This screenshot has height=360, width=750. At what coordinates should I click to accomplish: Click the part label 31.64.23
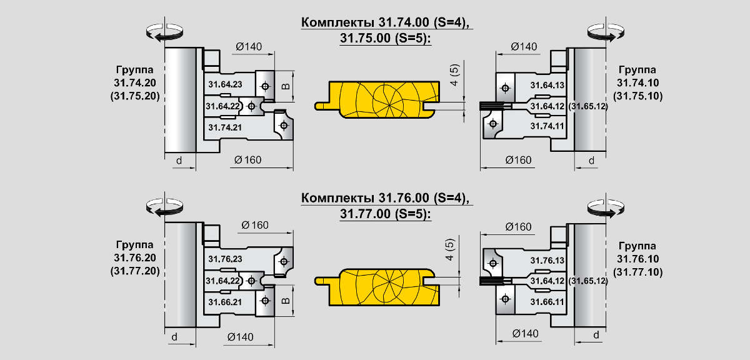(x=225, y=84)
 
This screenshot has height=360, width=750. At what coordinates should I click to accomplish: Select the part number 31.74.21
(x=225, y=127)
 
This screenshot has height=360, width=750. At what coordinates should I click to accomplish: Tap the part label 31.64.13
(x=547, y=84)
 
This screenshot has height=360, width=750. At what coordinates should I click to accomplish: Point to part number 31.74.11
(x=547, y=126)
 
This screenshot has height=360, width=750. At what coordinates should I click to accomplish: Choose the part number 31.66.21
(x=225, y=302)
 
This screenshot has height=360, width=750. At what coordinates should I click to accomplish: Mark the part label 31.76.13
(x=547, y=259)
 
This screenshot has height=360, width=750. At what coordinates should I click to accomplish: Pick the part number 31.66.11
(x=547, y=302)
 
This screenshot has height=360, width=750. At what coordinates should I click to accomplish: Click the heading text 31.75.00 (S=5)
(x=386, y=37)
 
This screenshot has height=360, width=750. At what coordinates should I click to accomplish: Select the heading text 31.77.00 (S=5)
(x=386, y=213)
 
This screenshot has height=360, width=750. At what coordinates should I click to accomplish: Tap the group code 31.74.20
(x=137, y=82)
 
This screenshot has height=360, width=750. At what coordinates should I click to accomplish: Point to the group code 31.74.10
(x=638, y=82)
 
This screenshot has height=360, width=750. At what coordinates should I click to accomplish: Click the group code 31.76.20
(x=137, y=258)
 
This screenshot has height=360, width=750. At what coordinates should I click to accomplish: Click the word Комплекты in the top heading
(x=338, y=22)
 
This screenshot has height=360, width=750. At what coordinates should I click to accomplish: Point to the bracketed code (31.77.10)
(x=638, y=272)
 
